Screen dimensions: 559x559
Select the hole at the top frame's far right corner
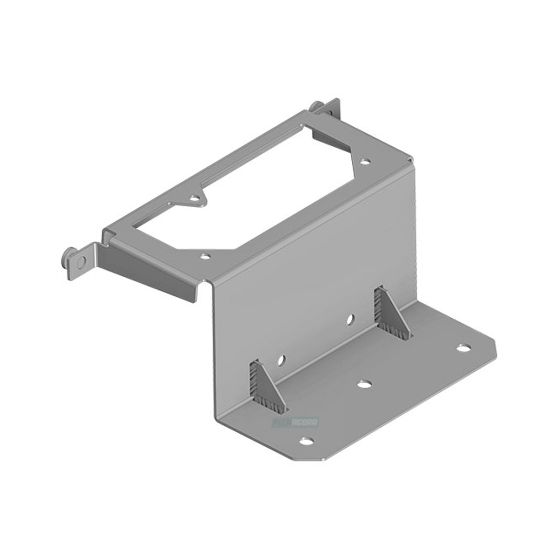pyautogui.click(x=366, y=162)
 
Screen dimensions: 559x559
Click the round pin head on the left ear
pyautogui.click(x=68, y=257)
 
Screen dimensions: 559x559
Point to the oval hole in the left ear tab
pyautogui.click(x=82, y=262)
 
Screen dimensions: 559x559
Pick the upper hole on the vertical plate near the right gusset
pyautogui.click(x=351, y=319)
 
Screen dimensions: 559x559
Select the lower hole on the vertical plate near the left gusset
pyautogui.click(x=281, y=360)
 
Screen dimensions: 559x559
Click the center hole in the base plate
pyautogui.click(x=365, y=384)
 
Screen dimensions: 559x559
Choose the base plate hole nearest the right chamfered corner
pyautogui.click(x=463, y=348)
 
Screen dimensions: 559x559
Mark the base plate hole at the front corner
pyautogui.click(x=306, y=441)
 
